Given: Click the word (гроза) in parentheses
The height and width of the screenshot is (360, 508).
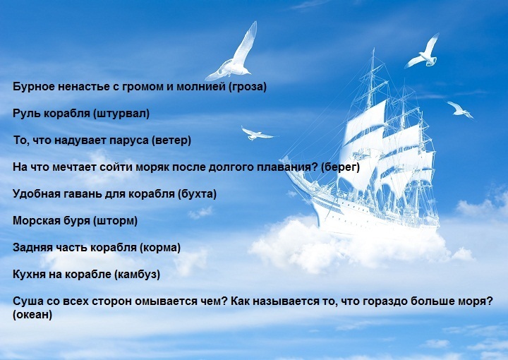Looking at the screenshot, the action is point(248,87).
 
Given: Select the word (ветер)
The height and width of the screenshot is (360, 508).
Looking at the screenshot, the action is point(171,140).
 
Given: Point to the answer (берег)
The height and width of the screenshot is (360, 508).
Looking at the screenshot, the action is point(341,167).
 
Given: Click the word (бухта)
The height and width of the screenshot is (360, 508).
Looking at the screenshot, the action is point(197,194).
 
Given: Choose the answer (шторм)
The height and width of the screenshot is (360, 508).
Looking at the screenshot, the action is point(115,221).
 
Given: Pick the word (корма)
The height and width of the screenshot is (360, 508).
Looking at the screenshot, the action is point(160,248).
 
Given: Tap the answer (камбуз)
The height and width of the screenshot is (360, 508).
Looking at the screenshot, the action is point(137,275).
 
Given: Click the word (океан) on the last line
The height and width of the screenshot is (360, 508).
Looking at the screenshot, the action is point(32,315).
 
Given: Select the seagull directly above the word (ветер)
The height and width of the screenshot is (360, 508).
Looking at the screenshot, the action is point(256,133).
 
